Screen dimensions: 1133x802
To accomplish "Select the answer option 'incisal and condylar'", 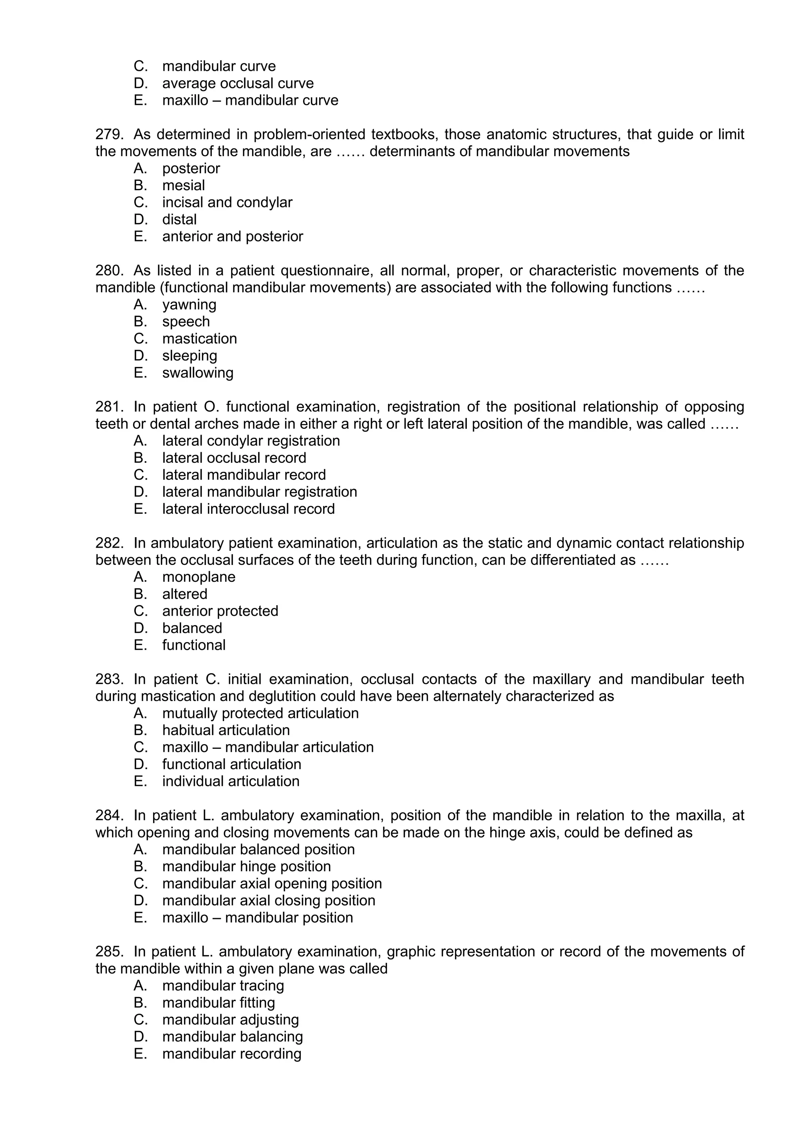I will point(227,202).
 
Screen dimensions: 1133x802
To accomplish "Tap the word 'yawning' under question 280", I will point(189,304).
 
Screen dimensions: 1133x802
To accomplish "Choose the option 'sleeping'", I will point(189,355).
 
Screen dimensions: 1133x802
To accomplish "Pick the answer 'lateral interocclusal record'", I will point(248,509).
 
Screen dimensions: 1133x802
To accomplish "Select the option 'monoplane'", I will point(199,577).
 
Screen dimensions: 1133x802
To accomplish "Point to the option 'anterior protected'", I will point(220,611).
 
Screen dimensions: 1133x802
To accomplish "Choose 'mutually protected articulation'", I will point(260,713).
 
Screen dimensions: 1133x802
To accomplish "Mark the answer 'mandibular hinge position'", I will point(246,866).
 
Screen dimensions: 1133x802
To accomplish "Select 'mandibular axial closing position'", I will point(269,900).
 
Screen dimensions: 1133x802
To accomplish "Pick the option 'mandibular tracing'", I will point(223,986).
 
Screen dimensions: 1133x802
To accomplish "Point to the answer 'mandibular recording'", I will point(231,1054).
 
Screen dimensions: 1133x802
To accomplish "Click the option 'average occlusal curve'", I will point(238,83).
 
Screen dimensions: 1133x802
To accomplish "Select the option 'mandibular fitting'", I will point(218,1003).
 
